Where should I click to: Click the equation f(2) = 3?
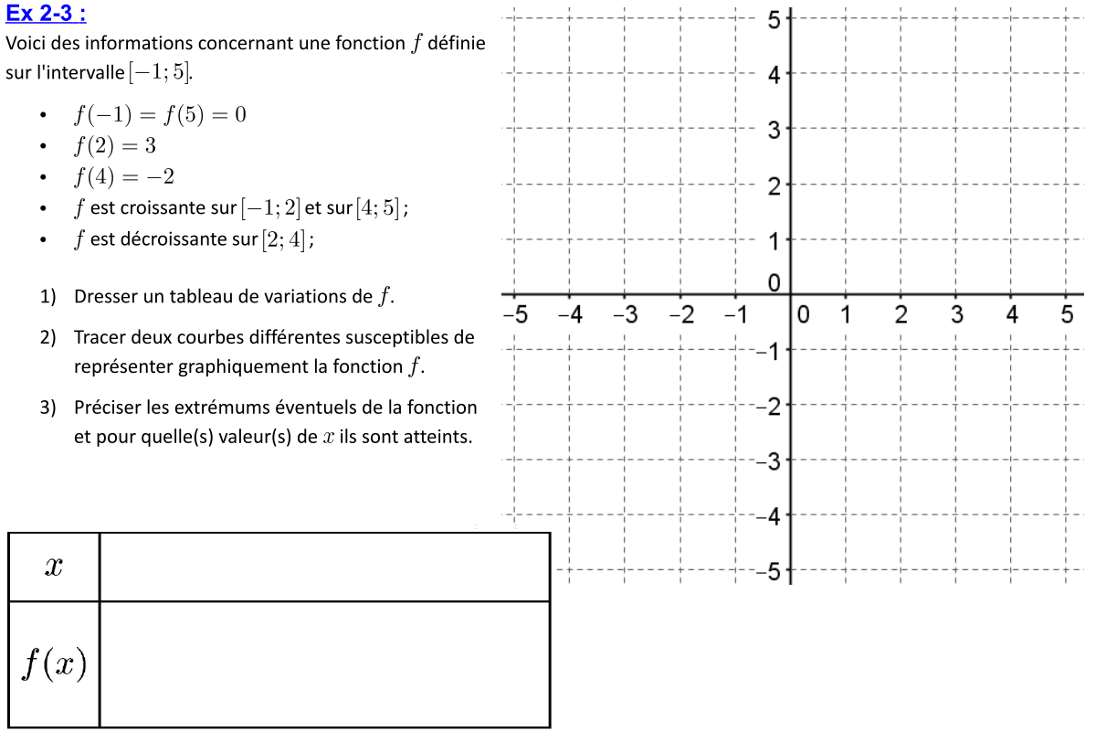pos(117,145)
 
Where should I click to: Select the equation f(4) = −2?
pos(124,176)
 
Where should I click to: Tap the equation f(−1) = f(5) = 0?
pos(160,115)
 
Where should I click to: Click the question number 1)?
pos(48,296)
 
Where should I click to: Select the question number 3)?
pos(48,407)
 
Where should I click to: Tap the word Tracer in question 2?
pos(99,337)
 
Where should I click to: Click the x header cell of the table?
pos(54,567)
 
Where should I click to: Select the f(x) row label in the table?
pos(54,664)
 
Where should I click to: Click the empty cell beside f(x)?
pos(324,664)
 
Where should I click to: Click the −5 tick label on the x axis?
pos(516,316)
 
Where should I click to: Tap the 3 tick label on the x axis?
pos(956,316)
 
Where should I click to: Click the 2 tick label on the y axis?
pos(773,186)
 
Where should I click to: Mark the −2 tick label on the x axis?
pos(681,316)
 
